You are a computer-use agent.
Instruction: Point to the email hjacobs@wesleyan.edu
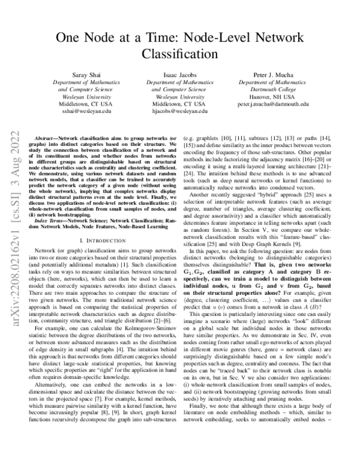(179, 111)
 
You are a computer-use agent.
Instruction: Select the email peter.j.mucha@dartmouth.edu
(273, 103)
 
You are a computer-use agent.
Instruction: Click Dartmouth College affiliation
(273, 88)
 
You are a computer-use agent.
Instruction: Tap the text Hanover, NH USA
(273, 95)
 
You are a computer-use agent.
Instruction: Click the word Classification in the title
(179, 53)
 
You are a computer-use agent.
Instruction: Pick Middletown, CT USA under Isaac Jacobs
(179, 103)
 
